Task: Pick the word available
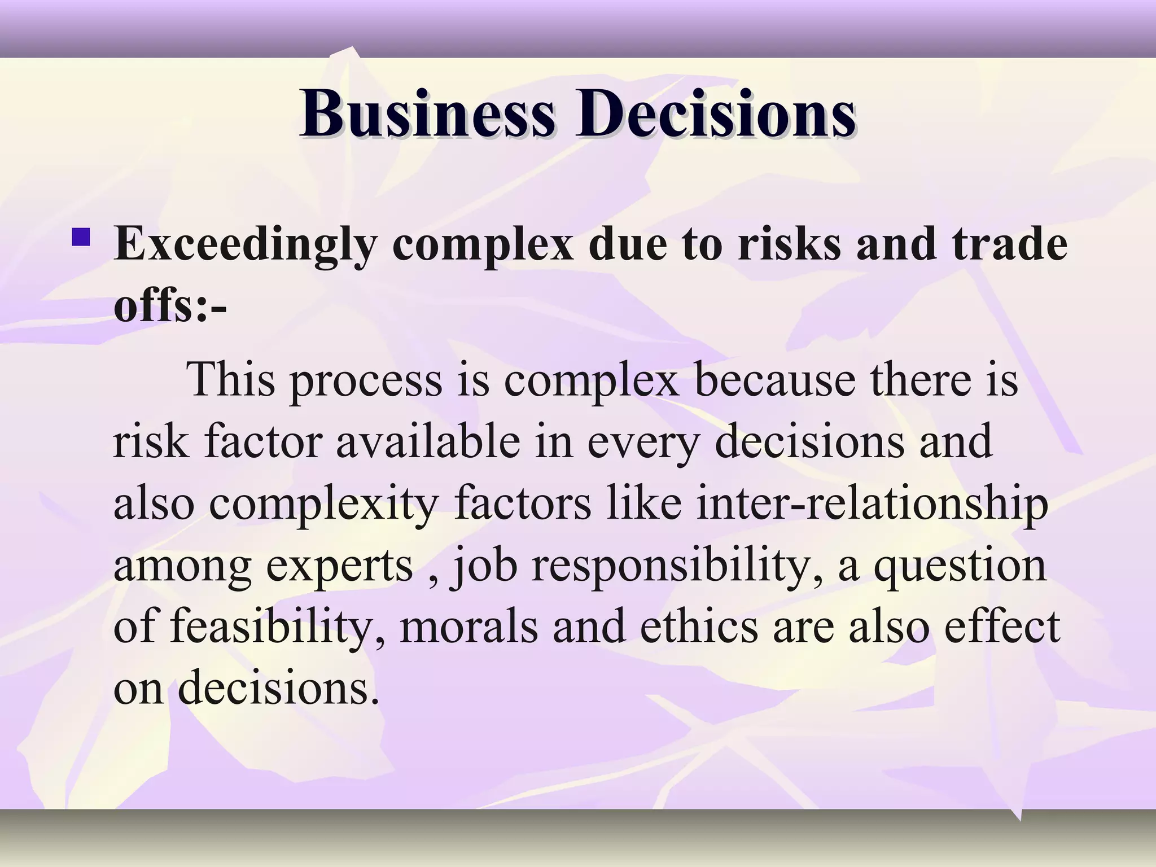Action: click(428, 441)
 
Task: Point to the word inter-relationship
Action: click(872, 504)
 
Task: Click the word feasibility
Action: click(270, 628)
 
